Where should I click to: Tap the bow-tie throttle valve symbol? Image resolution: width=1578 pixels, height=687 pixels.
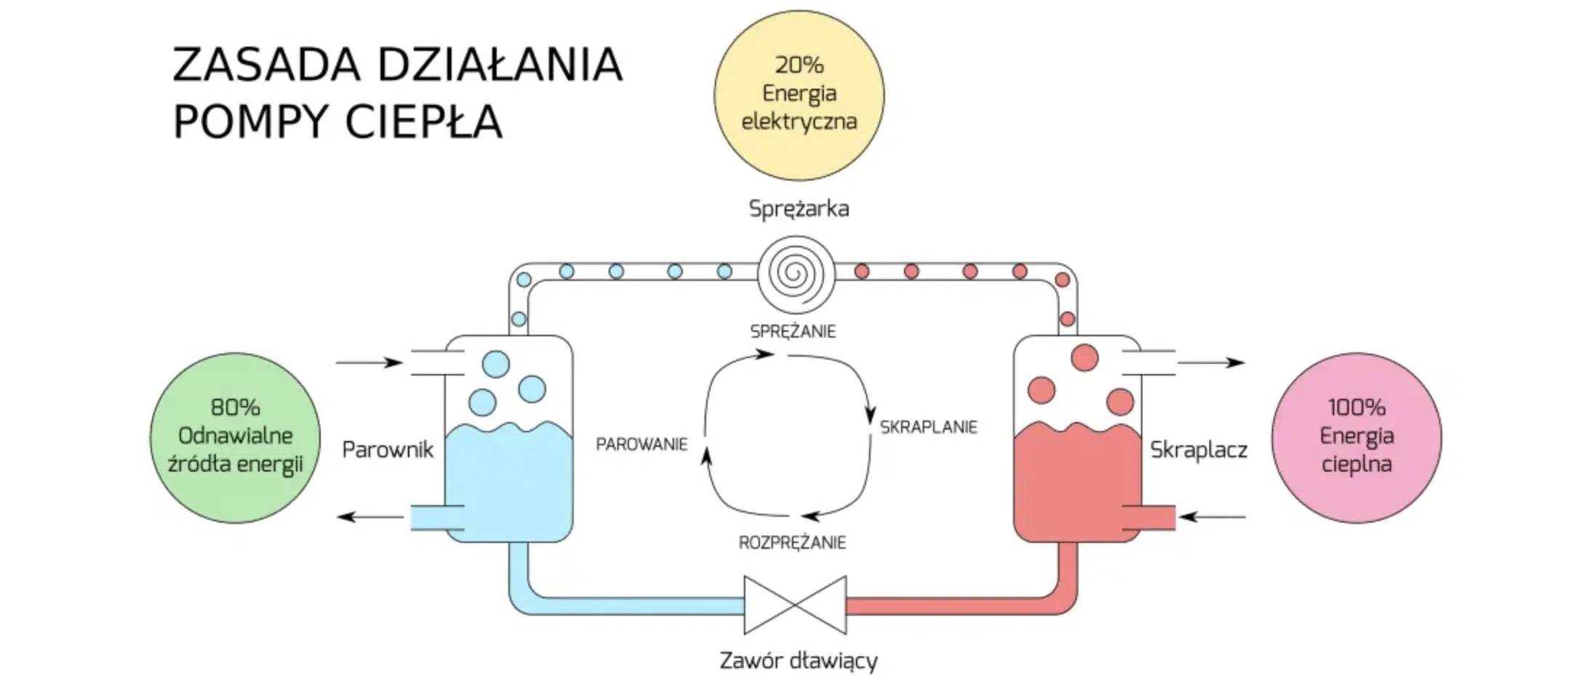click(x=795, y=605)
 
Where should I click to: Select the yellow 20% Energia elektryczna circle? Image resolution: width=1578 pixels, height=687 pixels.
click(x=798, y=95)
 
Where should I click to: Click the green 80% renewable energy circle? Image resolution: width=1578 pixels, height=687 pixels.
click(x=235, y=437)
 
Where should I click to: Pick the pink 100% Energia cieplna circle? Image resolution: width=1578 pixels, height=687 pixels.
click(x=1356, y=437)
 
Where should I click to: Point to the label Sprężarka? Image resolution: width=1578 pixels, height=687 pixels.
click(x=798, y=209)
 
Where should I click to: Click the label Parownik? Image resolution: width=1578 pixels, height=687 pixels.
click(x=388, y=450)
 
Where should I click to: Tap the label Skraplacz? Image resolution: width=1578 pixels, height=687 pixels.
click(x=1198, y=450)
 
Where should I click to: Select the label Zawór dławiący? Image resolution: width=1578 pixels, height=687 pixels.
click(x=798, y=661)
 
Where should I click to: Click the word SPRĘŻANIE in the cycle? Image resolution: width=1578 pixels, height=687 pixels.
click(x=793, y=332)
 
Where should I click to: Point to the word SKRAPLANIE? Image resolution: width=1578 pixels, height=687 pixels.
click(x=928, y=427)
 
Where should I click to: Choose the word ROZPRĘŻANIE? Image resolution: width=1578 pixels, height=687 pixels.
click(x=792, y=543)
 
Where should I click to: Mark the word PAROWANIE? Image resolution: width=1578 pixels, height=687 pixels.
click(x=641, y=445)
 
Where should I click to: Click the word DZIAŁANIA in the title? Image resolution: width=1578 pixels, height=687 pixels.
click(x=500, y=65)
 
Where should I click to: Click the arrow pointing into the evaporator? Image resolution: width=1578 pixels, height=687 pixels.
click(x=369, y=362)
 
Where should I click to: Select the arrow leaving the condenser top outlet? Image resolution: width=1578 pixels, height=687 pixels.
click(x=1211, y=362)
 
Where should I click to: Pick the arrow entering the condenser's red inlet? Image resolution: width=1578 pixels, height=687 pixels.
click(x=1211, y=517)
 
